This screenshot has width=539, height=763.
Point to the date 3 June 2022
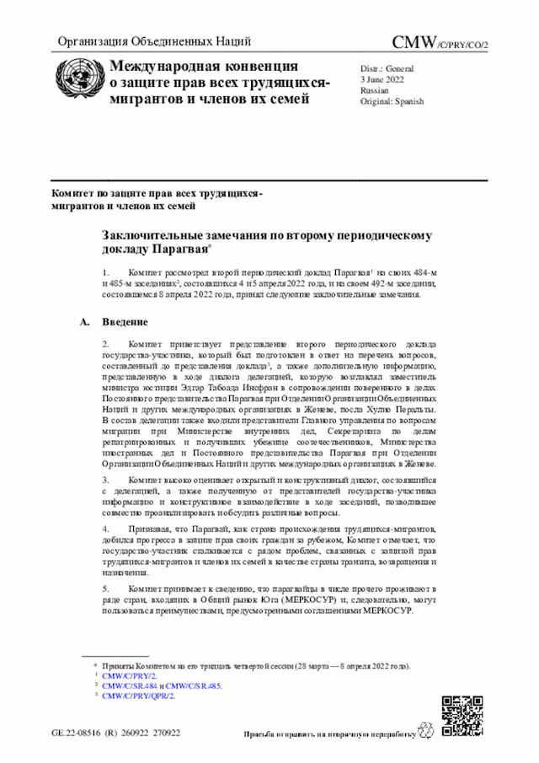click(x=382, y=78)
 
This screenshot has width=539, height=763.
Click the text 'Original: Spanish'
click(x=392, y=101)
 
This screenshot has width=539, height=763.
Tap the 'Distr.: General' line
click(x=387, y=67)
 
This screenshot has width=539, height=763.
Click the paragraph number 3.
click(x=105, y=478)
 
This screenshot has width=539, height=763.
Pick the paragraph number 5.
click(x=105, y=588)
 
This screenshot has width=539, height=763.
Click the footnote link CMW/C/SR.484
click(x=128, y=685)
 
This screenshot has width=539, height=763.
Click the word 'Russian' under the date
click(x=375, y=89)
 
